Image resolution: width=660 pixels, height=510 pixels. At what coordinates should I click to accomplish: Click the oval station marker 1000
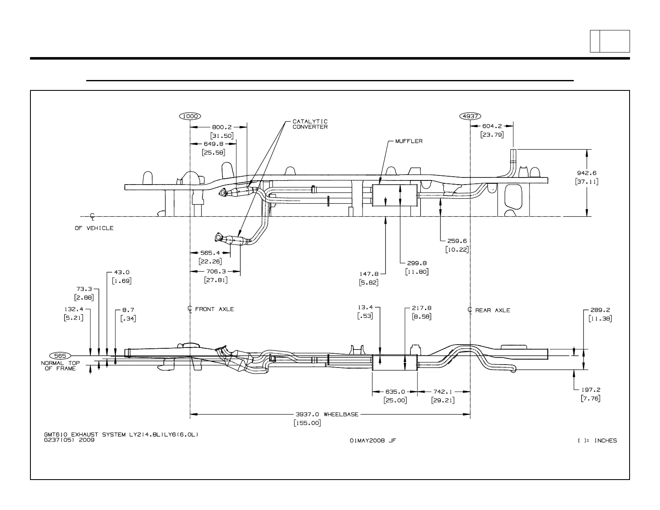190,116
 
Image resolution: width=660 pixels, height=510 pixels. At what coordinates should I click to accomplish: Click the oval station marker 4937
470,116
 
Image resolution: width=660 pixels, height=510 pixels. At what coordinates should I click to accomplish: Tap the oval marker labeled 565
60,355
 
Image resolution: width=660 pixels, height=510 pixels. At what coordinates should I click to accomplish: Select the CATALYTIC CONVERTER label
310,124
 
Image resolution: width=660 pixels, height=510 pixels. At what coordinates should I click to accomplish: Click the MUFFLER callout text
409,141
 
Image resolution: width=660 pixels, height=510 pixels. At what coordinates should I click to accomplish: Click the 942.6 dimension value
587,173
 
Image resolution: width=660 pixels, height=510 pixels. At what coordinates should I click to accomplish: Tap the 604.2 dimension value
492,125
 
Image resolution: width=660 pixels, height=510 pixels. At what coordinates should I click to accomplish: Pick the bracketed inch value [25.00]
395,400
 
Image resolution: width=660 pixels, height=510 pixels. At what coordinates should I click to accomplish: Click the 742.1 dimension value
442,392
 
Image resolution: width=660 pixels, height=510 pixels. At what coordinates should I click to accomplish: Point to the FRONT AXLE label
214,309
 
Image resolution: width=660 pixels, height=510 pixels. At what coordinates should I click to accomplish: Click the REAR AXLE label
492,310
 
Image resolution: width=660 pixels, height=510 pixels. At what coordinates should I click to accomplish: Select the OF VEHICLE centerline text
94,228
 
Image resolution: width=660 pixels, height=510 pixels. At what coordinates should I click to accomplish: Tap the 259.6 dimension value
457,241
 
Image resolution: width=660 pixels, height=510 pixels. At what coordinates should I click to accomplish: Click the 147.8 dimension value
369,274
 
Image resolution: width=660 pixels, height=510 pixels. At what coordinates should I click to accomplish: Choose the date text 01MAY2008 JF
373,440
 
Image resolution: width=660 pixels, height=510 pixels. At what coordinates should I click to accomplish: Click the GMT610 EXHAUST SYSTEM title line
121,435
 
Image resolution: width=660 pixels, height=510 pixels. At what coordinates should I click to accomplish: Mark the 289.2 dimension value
600,310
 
